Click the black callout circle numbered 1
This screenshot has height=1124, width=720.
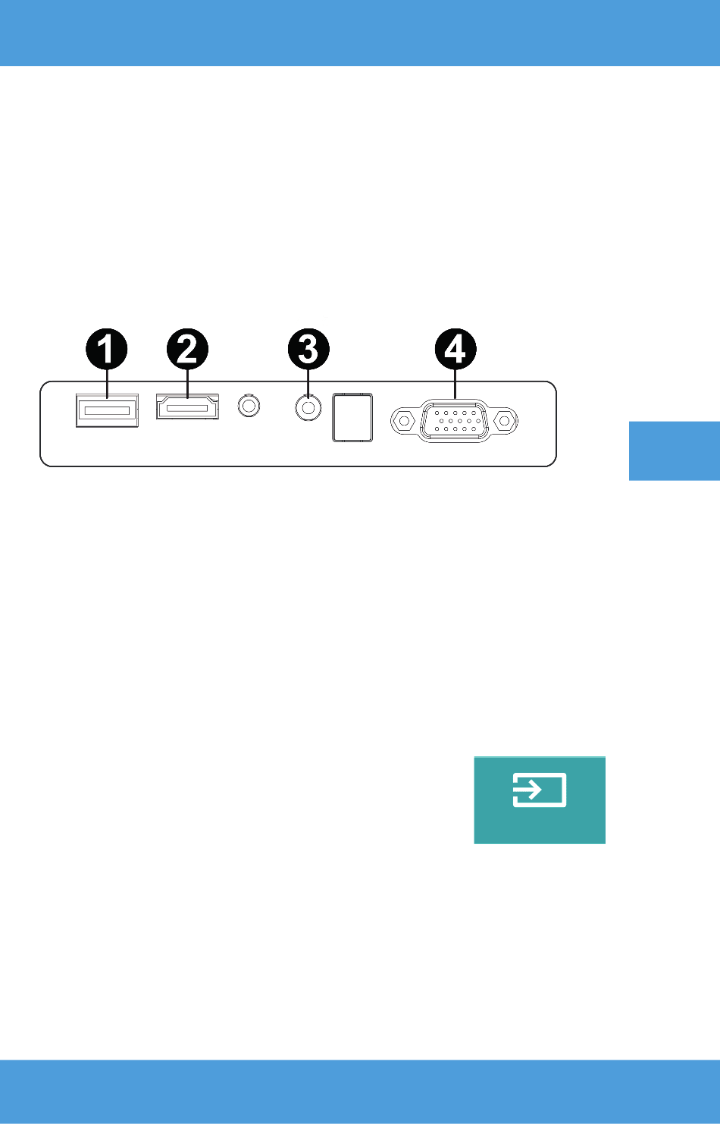tap(106, 349)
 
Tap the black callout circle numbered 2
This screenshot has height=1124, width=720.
tap(187, 349)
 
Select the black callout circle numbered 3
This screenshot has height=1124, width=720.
tap(308, 349)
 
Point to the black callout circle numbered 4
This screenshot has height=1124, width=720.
tap(455, 349)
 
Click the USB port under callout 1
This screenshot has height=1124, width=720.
tap(107, 410)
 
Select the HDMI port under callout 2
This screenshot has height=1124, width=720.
tap(187, 407)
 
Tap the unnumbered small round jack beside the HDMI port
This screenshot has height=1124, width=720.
tap(249, 406)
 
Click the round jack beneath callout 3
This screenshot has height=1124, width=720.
tap(308, 407)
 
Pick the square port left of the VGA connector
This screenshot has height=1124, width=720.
tap(352, 417)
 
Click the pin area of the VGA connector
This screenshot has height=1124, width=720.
tap(454, 421)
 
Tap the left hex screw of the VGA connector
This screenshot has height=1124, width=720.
tap(404, 420)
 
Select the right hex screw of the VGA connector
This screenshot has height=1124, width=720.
tap(505, 420)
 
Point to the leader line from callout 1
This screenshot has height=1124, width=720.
tap(107, 384)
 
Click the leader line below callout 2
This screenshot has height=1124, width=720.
tap(187, 384)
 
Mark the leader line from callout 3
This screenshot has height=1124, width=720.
tap(308, 382)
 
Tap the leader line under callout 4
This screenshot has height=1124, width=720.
tap(455, 384)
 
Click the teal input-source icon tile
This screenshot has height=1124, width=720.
tap(540, 800)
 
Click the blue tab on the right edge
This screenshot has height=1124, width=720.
tap(675, 451)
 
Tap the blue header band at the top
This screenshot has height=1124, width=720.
tap(360, 33)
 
